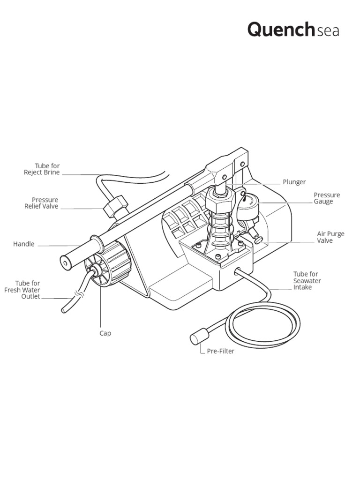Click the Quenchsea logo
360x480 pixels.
[293, 30]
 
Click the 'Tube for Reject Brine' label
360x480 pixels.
[42, 169]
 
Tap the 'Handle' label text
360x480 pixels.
[23, 244]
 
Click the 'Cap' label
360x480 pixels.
[105, 333]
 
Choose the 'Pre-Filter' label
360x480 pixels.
[220, 351]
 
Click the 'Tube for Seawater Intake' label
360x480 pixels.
[307, 281]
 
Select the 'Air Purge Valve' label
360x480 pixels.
[330, 237]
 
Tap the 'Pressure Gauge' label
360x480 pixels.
[327, 198]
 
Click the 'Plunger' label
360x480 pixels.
[294, 182]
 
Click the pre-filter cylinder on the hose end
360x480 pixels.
[196, 339]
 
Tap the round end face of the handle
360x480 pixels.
[65, 263]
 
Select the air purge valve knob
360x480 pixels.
[258, 240]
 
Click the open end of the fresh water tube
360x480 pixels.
[64, 309]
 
